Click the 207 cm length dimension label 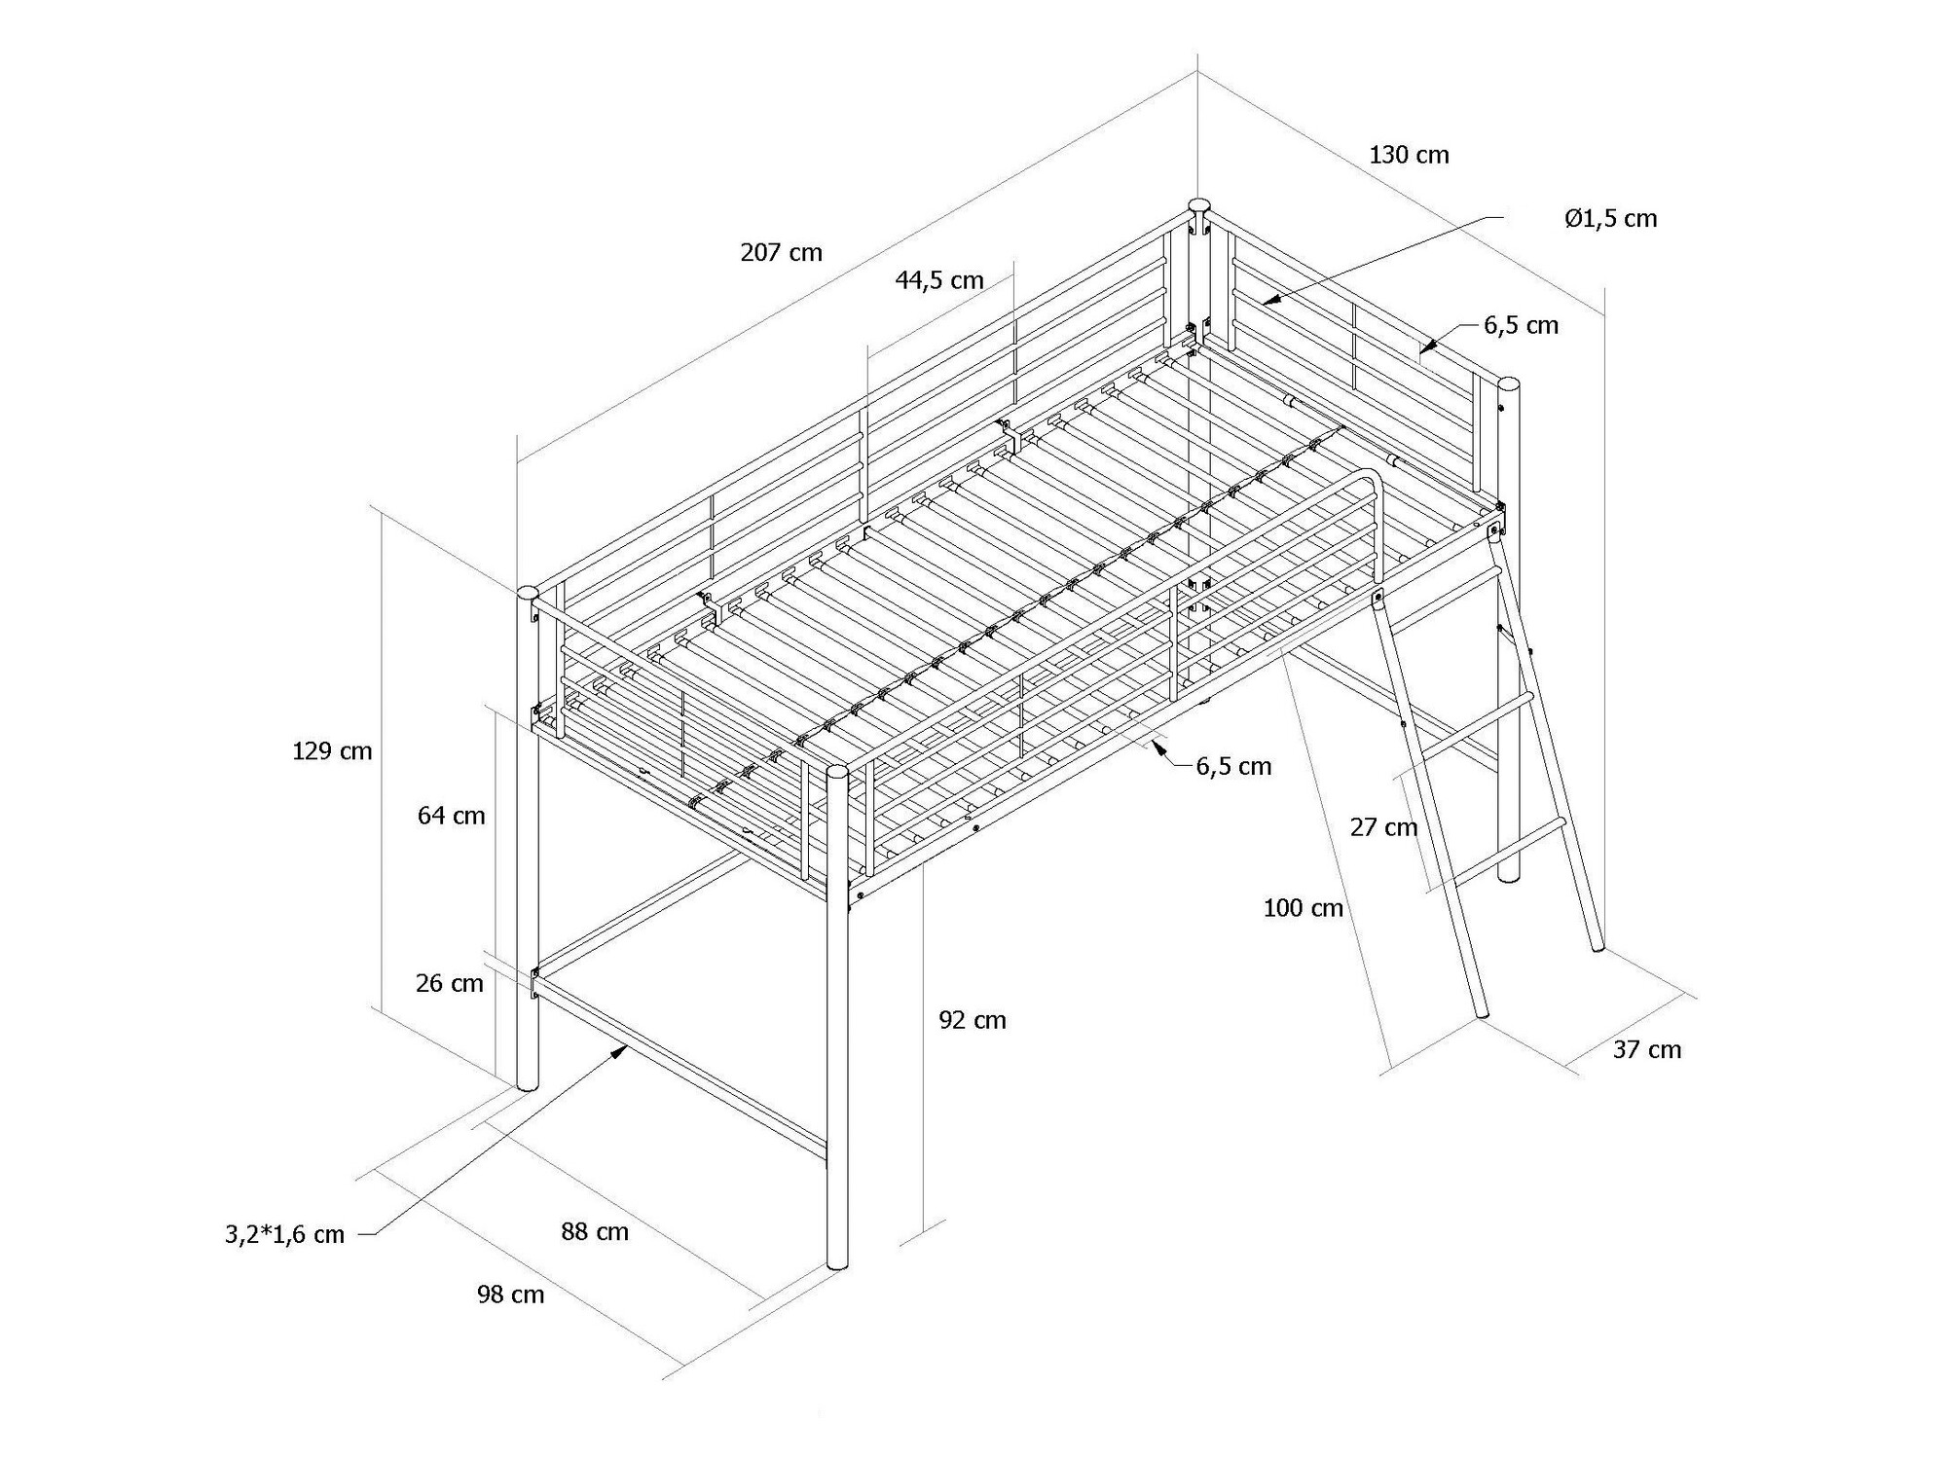781,253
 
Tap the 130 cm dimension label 1409,155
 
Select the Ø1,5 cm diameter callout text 1610,219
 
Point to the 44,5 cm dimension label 939,280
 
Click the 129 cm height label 332,751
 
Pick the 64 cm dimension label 451,816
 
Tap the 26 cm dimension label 449,983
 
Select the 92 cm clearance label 972,1020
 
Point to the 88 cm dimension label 594,1231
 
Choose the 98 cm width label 510,1295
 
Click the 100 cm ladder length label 1303,908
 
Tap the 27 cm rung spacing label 1382,827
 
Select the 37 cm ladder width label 1646,1049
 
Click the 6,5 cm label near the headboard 1521,325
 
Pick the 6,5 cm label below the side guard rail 1233,767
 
